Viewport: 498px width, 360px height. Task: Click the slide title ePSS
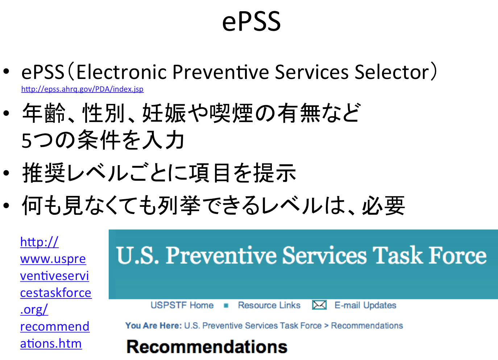(x=251, y=22)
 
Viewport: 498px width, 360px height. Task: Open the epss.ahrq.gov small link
(x=82, y=89)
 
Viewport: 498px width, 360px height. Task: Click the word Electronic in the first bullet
(x=122, y=72)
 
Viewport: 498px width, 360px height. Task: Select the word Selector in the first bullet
(x=392, y=72)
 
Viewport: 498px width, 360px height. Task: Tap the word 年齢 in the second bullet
(x=43, y=113)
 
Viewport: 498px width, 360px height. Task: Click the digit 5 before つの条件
(x=27, y=141)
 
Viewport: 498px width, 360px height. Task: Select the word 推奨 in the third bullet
(x=43, y=173)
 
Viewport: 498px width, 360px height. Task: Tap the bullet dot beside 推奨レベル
(x=6, y=173)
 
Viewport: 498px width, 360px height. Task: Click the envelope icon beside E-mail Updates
(x=319, y=305)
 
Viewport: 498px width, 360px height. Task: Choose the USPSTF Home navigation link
(x=182, y=305)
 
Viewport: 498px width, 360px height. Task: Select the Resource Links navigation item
(x=269, y=305)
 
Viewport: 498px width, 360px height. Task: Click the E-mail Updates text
(x=365, y=305)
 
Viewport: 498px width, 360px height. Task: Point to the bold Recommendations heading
(x=207, y=347)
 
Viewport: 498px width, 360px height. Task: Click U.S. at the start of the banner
(x=137, y=255)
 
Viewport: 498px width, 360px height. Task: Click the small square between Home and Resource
(x=226, y=306)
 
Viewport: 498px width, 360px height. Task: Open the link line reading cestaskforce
(x=56, y=293)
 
